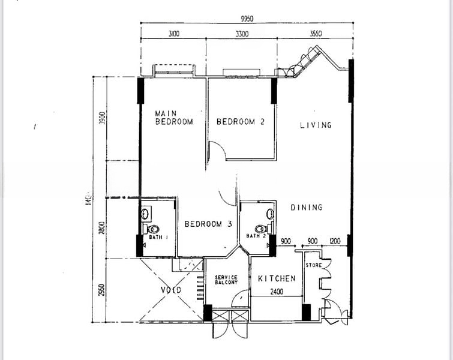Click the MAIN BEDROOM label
point(174,117)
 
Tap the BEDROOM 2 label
point(241,121)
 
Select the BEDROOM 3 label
point(208,224)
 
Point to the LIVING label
point(316,125)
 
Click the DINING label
point(307,208)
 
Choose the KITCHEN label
point(277,279)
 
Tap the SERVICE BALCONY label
point(226,280)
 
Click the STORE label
point(314,265)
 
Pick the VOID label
point(171,290)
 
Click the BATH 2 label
point(256,236)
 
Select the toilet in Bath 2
point(260,229)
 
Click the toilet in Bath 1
point(153,229)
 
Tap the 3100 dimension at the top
point(174,34)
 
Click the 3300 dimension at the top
point(241,34)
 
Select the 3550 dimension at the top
point(316,34)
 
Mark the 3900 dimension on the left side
point(102,119)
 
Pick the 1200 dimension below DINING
point(335,241)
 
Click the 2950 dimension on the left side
point(102,291)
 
